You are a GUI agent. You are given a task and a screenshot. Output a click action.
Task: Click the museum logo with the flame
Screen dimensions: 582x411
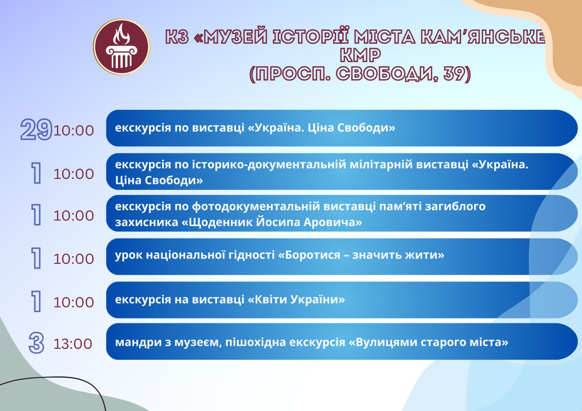click(121, 47)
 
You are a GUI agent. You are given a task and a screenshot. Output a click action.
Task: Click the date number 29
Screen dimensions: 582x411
click(36, 129)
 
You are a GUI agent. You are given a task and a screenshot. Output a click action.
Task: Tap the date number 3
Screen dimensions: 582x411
click(36, 343)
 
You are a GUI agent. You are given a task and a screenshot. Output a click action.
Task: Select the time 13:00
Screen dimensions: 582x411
click(73, 344)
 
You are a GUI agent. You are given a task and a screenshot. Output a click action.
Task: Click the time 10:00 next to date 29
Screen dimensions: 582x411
click(74, 130)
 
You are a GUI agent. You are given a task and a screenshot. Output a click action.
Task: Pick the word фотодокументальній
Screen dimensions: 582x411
click(256, 207)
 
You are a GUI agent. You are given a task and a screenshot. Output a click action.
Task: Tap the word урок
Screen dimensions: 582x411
click(129, 255)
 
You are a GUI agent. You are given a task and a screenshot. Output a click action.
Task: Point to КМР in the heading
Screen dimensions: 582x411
click(360, 55)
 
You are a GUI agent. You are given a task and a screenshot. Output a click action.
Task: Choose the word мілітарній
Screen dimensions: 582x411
click(381, 165)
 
